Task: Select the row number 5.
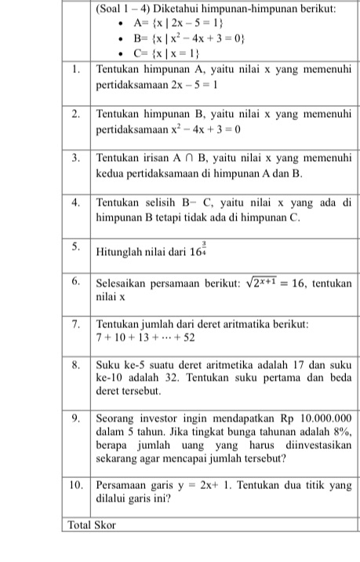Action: coord(76,245)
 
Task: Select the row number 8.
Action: coord(76,364)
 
